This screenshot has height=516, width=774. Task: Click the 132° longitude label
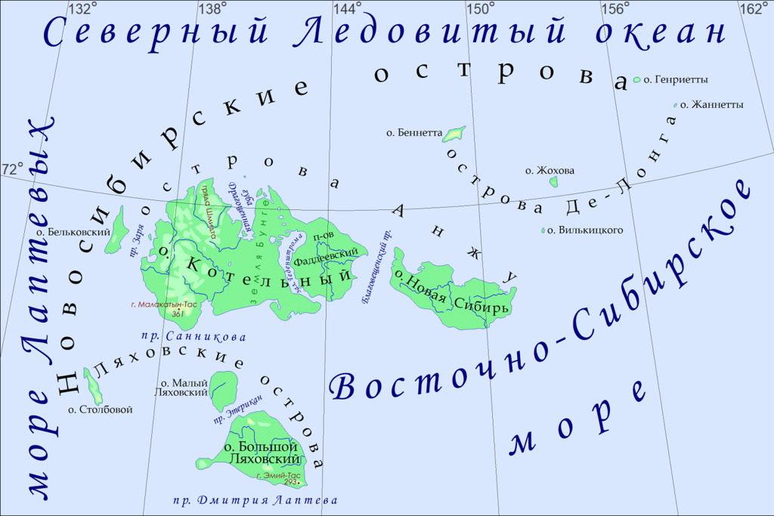point(82,9)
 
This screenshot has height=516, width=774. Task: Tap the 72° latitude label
point(14,169)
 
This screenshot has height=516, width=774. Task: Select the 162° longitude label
point(753,9)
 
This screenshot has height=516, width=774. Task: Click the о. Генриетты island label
point(675,79)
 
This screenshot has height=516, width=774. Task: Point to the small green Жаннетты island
point(674,105)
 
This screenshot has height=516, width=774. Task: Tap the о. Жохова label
point(550,171)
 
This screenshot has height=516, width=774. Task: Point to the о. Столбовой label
point(100,409)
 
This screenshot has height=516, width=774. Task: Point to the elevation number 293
point(291,482)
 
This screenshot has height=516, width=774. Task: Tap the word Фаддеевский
point(325,255)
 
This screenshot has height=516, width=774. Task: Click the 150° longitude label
point(480,9)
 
